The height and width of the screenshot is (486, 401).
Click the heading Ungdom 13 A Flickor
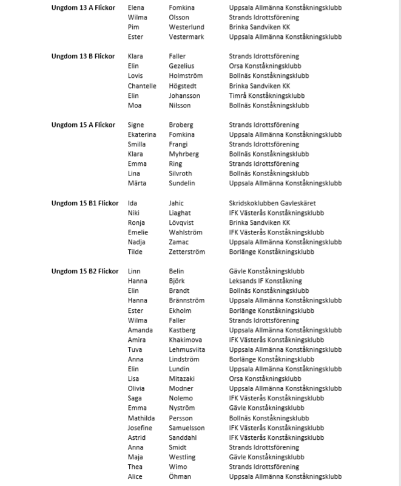[83, 8]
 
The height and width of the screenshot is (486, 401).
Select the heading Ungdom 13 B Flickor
[83, 56]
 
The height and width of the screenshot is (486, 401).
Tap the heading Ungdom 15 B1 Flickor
[85, 204]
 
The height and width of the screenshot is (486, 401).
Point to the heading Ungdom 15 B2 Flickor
[85, 272]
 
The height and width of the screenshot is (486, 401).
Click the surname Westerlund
[186, 27]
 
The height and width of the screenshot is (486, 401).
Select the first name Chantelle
[142, 86]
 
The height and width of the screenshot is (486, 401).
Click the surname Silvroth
[181, 174]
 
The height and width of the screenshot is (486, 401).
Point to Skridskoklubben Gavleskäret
[272, 204]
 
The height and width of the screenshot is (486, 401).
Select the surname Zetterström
[187, 252]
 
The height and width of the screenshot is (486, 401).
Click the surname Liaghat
[180, 213]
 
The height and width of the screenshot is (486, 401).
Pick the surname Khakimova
[185, 340]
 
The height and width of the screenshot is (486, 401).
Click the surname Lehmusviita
[187, 350]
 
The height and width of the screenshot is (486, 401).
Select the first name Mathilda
[141, 419]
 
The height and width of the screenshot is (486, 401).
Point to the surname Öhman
[180, 477]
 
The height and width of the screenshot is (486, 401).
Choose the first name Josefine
[141, 428]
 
